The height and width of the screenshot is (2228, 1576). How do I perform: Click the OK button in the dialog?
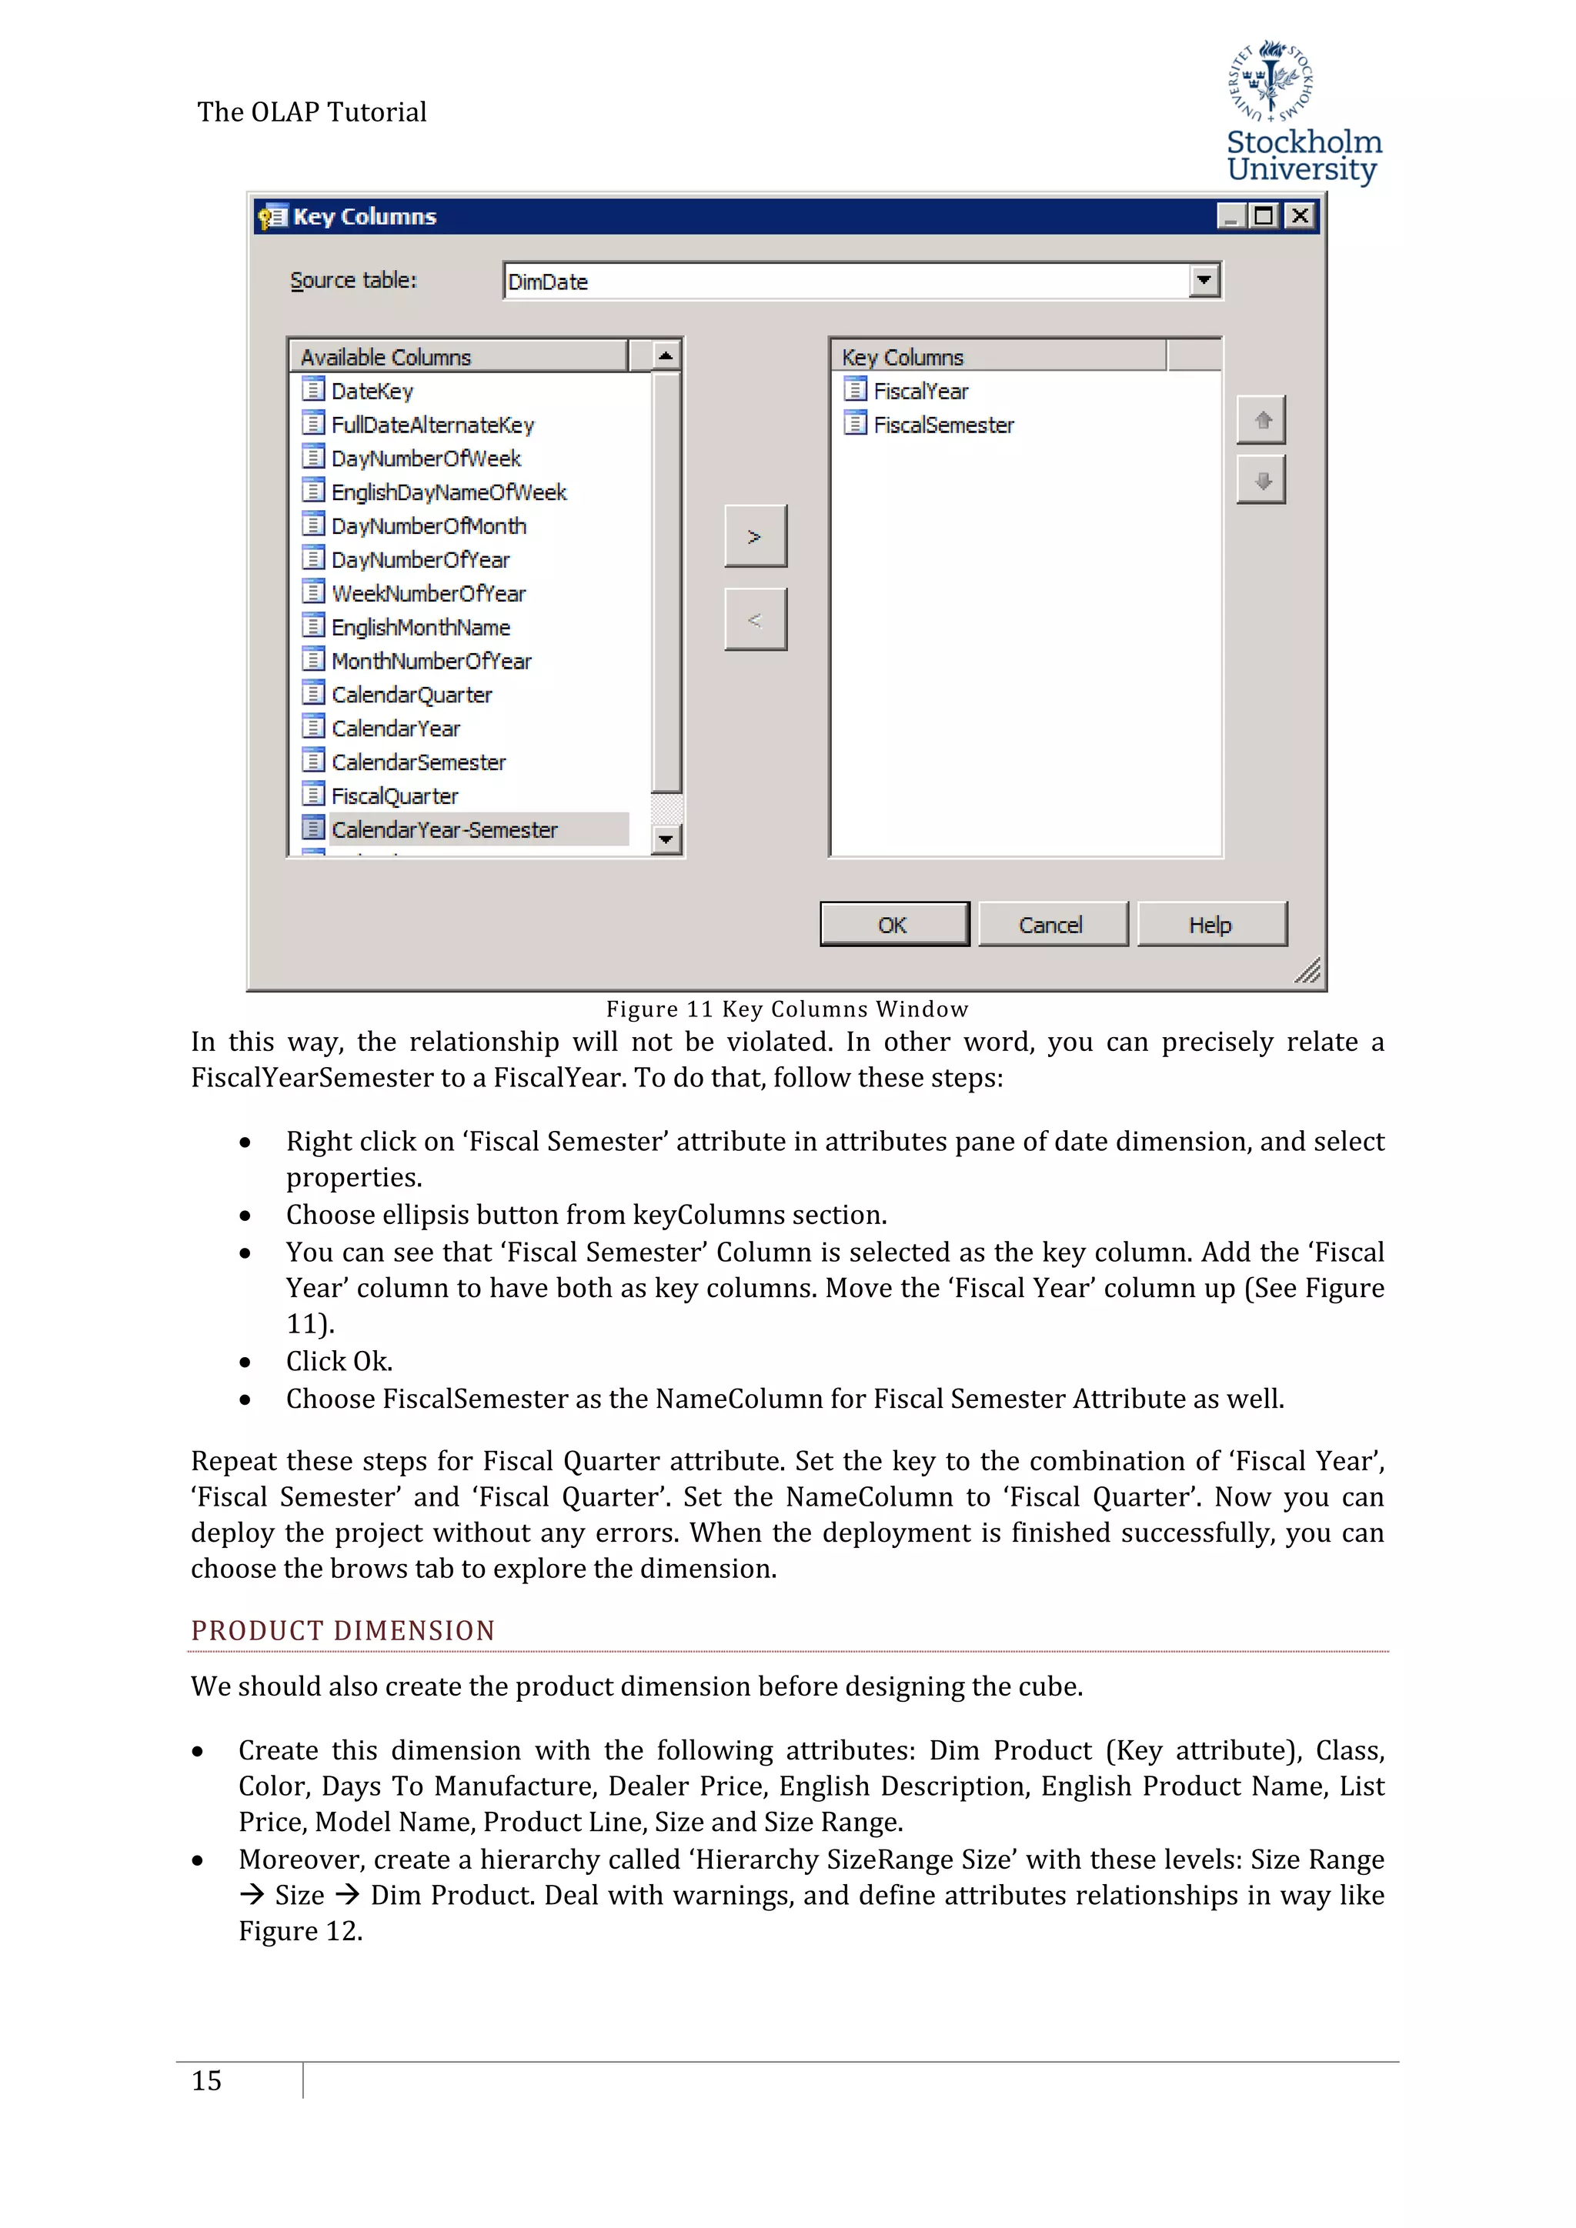coord(893,925)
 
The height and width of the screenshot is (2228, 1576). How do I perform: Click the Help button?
coord(1210,925)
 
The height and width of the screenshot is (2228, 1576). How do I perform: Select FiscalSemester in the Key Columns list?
coord(943,425)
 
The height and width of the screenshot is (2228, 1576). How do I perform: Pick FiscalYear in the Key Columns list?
coord(920,391)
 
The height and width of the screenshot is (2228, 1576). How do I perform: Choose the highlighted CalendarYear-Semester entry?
coord(445,829)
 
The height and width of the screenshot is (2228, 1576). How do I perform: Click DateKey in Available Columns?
coord(372,391)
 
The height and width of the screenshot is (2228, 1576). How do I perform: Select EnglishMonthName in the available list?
coord(420,628)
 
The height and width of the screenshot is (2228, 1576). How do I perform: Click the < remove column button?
coord(755,620)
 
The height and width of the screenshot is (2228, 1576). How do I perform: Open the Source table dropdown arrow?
coord(1204,282)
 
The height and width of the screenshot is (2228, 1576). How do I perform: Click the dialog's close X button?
coord(1300,215)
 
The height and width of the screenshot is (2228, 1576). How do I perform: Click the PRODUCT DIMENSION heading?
coord(342,1631)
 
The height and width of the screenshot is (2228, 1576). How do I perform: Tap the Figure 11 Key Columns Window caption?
coord(787,1009)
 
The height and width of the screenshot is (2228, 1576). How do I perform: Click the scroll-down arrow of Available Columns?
coord(666,839)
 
